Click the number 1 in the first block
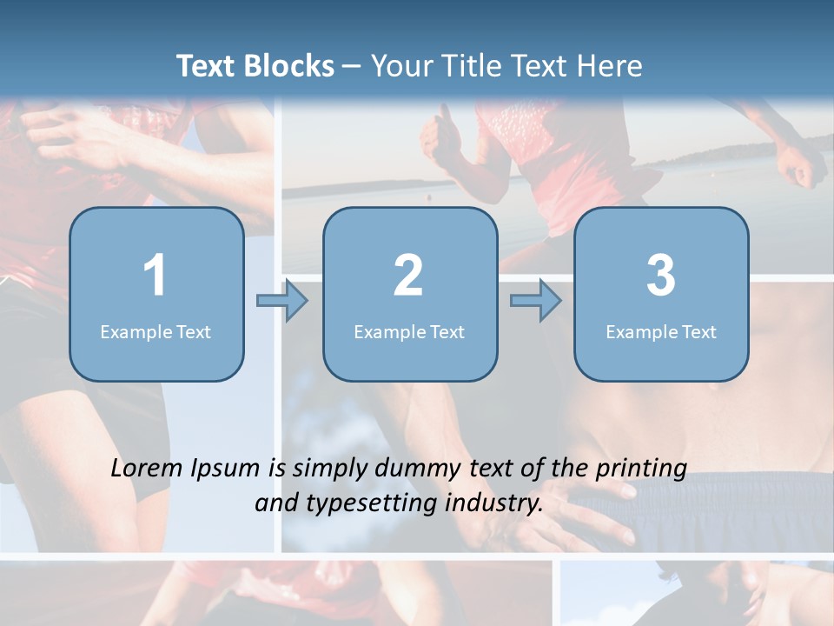pos(155,276)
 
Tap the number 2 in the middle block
pos(408,276)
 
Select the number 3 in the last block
pos(661,276)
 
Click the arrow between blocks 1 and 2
pos(282,301)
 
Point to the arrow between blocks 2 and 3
pos(536,301)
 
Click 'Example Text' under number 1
pos(156,331)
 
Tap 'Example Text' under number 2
pos(409,331)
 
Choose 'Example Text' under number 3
pos(661,331)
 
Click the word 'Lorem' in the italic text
pos(147,469)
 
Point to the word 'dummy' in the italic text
pos(416,469)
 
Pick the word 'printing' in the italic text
pos(641,469)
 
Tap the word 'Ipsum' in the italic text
pos(225,469)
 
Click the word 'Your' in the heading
pos(400,66)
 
